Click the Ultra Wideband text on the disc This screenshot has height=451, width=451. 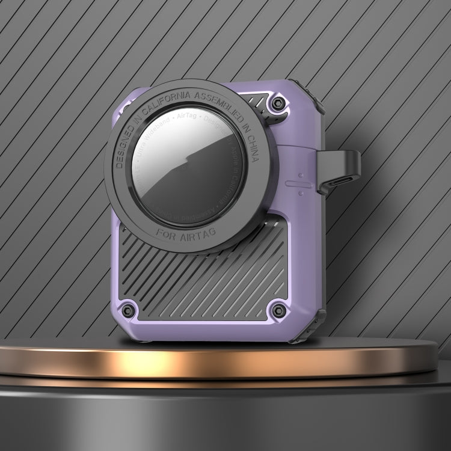pos(149,137)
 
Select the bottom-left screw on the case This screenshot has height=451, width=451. pos(127,311)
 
